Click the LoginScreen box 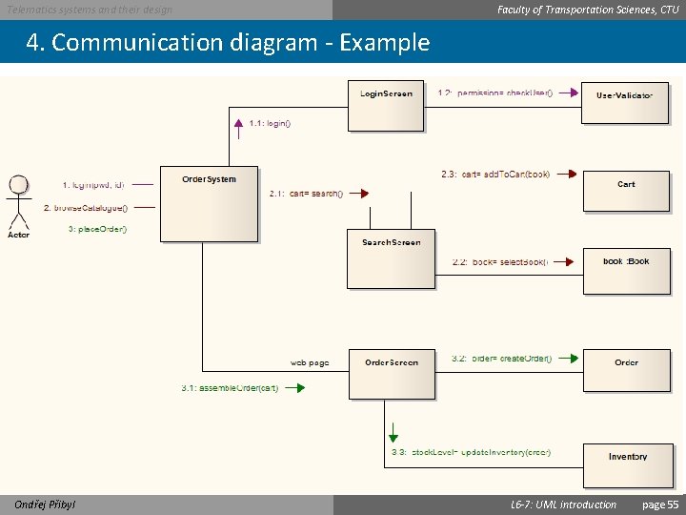coord(386,106)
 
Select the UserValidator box coord(625,102)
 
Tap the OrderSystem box coord(209,204)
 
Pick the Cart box coord(626,191)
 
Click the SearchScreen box coord(391,257)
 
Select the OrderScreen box coord(391,373)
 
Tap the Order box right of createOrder coord(626,370)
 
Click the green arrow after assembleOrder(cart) coord(295,388)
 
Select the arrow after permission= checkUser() coord(568,93)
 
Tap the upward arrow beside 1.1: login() coord(238,123)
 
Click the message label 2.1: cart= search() coord(306,194)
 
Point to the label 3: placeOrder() coord(97,229)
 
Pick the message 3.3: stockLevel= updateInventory coord(471,452)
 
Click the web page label coord(310,362)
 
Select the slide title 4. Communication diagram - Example coord(229,43)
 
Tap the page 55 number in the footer coord(660,505)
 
